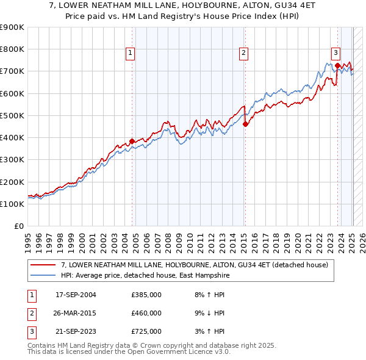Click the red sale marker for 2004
point(132,141)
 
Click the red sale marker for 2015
point(245,124)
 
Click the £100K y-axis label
point(12,204)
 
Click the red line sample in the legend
point(43,265)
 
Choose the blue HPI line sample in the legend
point(43,275)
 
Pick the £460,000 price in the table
point(146,313)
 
